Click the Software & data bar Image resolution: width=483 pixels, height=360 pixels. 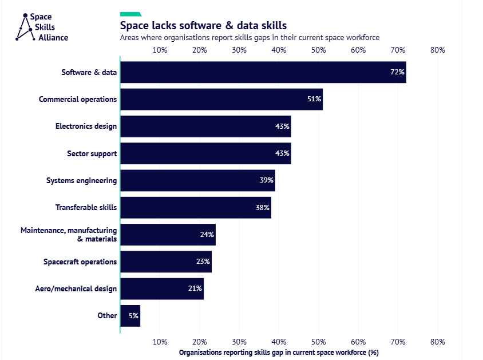pyautogui.click(x=263, y=72)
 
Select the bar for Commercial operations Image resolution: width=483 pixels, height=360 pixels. pyautogui.click(x=221, y=99)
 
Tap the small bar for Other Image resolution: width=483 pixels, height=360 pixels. pyautogui.click(x=130, y=315)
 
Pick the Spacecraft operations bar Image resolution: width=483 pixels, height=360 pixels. pyautogui.click(x=165, y=262)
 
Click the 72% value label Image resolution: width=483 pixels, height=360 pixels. pyautogui.click(x=397, y=72)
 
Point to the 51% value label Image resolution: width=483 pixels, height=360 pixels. pyautogui.click(x=314, y=99)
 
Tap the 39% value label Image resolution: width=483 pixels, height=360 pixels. pyautogui.click(x=266, y=180)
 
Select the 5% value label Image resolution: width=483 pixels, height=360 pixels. pyautogui.click(x=133, y=315)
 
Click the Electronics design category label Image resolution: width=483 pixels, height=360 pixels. pyautogui.click(x=86, y=126)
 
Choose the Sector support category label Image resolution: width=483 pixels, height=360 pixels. pyautogui.click(x=92, y=153)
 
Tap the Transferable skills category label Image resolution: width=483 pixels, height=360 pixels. pyautogui.click(x=86, y=207)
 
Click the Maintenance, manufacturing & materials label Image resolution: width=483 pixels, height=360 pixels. pyautogui.click(x=69, y=234)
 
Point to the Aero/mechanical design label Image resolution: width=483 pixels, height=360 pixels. pyautogui.click(x=76, y=288)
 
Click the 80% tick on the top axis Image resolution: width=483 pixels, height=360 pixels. pyautogui.click(x=437, y=50)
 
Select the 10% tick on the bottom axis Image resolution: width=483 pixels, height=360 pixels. pyautogui.click(x=160, y=342)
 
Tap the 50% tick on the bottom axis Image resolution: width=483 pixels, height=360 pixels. pyautogui.click(x=318, y=342)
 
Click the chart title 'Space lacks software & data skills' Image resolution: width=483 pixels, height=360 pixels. pyautogui.click(x=203, y=26)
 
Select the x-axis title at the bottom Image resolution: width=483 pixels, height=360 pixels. pyautogui.click(x=279, y=353)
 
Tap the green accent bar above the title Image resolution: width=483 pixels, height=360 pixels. pyautogui.click(x=130, y=14)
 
